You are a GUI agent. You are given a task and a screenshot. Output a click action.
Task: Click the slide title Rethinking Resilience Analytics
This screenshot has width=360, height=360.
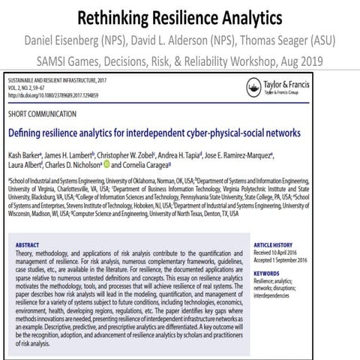click(179, 16)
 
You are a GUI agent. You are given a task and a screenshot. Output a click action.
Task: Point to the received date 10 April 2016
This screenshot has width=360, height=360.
click(292, 251)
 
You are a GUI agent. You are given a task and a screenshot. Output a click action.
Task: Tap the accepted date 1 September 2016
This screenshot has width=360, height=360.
click(296, 259)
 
